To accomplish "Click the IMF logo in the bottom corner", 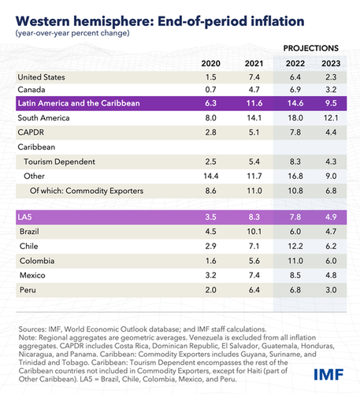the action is click(x=328, y=374).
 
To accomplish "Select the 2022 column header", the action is click(x=295, y=63).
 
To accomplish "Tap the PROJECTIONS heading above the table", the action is click(x=311, y=48).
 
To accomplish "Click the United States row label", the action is click(x=41, y=77).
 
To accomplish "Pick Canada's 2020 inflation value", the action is click(x=210, y=90).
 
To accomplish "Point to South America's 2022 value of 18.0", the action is click(x=295, y=117).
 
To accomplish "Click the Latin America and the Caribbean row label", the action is click(x=79, y=103).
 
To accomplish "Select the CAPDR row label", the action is click(x=31, y=132).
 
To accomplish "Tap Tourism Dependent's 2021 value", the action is click(x=254, y=162).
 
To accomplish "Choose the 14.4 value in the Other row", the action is click(x=211, y=176).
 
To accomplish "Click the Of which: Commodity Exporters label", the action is click(x=87, y=191).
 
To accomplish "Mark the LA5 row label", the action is click(x=24, y=217).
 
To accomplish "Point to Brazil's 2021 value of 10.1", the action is click(x=254, y=232).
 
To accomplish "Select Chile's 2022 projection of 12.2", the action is click(x=295, y=246).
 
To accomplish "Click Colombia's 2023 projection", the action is click(x=331, y=261).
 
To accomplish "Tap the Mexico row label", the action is click(x=32, y=275).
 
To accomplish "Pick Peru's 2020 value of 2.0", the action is click(x=210, y=290).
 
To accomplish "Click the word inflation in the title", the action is click(x=277, y=21).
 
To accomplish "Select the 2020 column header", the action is click(x=210, y=63).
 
